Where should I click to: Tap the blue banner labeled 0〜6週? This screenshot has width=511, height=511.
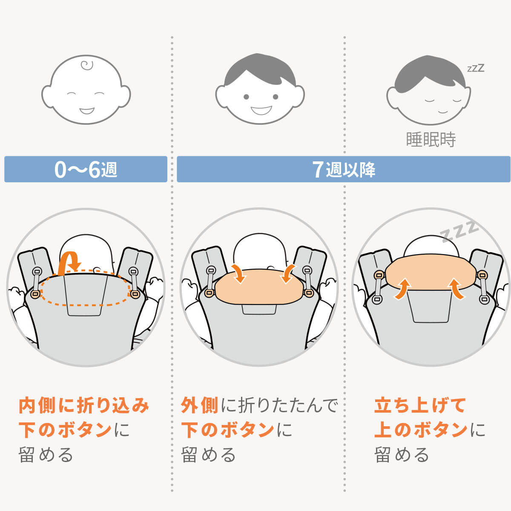coord(86,169)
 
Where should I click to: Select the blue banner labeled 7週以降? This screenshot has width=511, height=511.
coord(343,169)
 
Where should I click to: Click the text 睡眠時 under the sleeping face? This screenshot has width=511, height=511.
coord(431,140)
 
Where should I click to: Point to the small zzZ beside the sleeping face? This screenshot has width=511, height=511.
coord(476,68)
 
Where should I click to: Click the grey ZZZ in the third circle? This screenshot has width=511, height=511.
coord(460,231)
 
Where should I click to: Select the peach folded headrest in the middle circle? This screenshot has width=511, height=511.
coord(260,286)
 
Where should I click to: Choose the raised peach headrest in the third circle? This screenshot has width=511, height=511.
coord(430,273)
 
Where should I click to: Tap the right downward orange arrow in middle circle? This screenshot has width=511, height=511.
coord(288,273)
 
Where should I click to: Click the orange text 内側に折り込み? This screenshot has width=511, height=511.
coord(84,405)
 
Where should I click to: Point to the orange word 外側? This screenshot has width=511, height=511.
coord(199,405)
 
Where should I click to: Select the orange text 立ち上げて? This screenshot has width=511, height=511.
coord(420,405)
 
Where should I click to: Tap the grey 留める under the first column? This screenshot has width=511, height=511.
coord(46,455)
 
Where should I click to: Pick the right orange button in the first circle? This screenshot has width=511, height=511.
coord(135,293)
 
